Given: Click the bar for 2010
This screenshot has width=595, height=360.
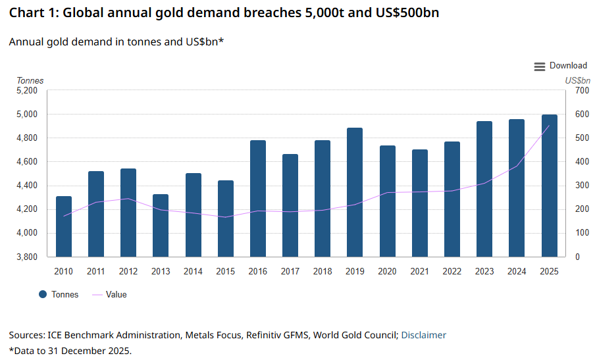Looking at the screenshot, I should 64,226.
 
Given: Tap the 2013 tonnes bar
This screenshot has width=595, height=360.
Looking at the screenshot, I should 161,225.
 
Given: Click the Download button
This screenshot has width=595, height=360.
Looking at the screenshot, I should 560,66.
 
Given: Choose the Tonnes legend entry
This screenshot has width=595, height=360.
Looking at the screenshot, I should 59,295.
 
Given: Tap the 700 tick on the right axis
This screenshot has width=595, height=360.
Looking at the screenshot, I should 581,91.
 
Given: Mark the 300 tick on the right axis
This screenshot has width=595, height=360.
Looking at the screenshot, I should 581,186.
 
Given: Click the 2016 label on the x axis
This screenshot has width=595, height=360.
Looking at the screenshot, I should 258,272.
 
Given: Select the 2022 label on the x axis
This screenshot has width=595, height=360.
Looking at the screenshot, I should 452,272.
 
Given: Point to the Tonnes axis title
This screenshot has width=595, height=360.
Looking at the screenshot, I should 30,81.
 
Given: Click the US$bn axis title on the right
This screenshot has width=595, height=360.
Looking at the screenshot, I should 578,81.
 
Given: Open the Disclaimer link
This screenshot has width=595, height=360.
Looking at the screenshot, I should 423,336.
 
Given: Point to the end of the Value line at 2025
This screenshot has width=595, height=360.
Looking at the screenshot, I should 550,126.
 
